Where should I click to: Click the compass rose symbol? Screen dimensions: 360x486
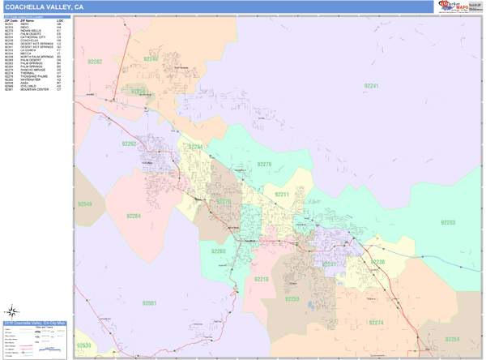pyautogui.click(x=13, y=311)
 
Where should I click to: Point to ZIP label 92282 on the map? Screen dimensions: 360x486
pyautogui.click(x=96, y=62)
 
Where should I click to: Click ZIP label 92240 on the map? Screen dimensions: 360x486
pyautogui.click(x=151, y=59)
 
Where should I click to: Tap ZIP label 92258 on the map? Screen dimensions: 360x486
pyautogui.click(x=139, y=92)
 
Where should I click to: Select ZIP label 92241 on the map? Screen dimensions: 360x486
pyautogui.click(x=370, y=85)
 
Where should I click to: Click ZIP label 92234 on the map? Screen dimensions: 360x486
pyautogui.click(x=195, y=147)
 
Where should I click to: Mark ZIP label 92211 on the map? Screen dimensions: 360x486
pyautogui.click(x=281, y=195)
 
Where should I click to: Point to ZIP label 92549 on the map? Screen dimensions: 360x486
pyautogui.click(x=84, y=204)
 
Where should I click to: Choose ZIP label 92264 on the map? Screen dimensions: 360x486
pyautogui.click(x=134, y=216)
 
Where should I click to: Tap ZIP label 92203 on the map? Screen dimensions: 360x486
pyautogui.click(x=448, y=221)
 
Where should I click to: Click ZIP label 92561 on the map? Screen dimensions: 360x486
pyautogui.click(x=149, y=303)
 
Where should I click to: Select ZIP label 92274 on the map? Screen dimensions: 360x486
pyautogui.click(x=376, y=322)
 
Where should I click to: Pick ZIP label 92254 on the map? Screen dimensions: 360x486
pyautogui.click(x=451, y=338)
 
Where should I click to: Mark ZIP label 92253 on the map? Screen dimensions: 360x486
pyautogui.click(x=292, y=299)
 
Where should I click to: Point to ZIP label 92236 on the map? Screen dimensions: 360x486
pyautogui.click(x=377, y=262)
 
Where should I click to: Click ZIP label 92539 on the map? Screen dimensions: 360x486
pyautogui.click(x=84, y=346)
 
